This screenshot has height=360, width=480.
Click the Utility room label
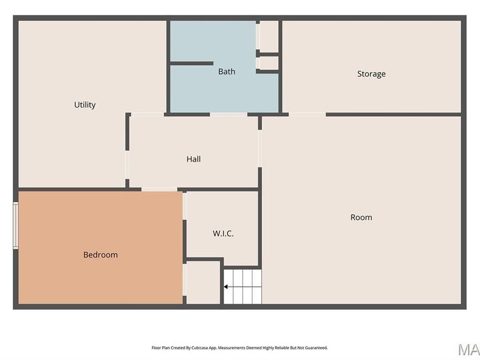pyautogui.click(x=85, y=105)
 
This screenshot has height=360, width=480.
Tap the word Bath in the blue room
pyautogui.click(x=227, y=71)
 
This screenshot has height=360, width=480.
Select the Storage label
pyautogui.click(x=371, y=74)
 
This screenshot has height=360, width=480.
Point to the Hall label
pyautogui.click(x=194, y=159)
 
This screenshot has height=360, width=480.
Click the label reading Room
pyautogui.click(x=361, y=217)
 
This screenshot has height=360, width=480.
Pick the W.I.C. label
pyautogui.click(x=223, y=234)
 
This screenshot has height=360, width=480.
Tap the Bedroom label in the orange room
pyautogui.click(x=100, y=255)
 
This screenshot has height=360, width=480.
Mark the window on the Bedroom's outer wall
pyautogui.click(x=16, y=225)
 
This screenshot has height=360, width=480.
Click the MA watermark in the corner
pyautogui.click(x=468, y=350)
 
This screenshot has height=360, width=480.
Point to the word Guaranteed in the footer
pyautogui.click(x=315, y=348)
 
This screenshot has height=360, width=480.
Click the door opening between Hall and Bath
pyautogui.click(x=228, y=114)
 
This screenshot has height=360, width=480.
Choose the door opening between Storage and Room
pyautogui.click(x=307, y=114)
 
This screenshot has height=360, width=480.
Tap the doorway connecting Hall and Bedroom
pyautogui.click(x=159, y=189)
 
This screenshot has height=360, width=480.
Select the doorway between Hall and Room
pyautogui.click(x=260, y=148)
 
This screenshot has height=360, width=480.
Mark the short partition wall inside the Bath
pyautogui.click(x=191, y=63)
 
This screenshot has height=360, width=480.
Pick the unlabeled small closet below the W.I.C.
pyautogui.click(x=203, y=283)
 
